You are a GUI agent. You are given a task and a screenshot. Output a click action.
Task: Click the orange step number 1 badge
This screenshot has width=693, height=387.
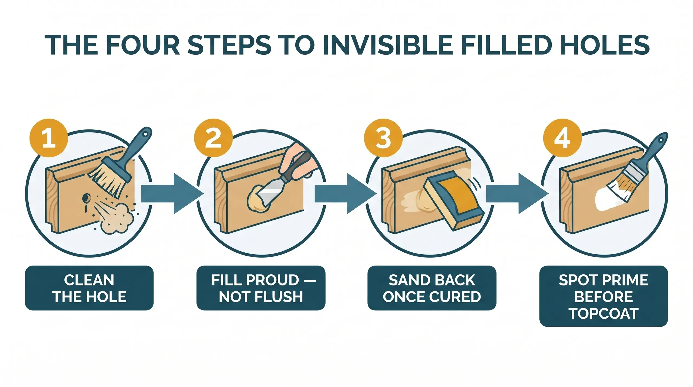coord(48,138)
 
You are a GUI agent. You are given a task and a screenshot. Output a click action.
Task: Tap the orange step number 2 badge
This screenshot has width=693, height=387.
coord(213,138)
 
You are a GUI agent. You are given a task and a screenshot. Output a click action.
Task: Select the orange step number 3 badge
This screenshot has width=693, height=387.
coord(383,138)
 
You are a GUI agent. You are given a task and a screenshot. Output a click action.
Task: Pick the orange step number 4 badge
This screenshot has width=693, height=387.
coord(562,138)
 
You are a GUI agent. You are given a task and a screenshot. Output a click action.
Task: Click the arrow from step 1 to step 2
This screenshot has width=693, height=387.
coord(172,194)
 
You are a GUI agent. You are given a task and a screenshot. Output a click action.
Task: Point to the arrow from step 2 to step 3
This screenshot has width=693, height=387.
coord(345,194)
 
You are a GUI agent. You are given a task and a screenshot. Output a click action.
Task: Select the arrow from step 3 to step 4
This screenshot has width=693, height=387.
coord(517,194)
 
